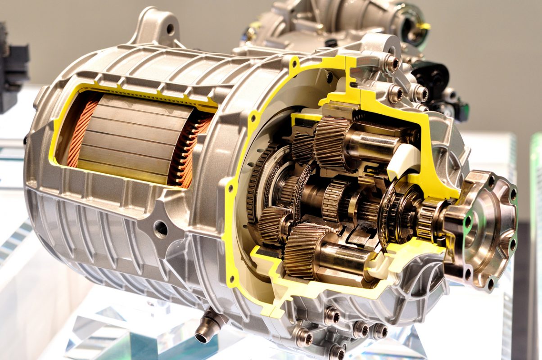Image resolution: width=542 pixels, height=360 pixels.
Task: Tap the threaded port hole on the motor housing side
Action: tap(160, 229)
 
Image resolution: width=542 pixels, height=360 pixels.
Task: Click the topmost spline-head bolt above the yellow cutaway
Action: tap(391, 63)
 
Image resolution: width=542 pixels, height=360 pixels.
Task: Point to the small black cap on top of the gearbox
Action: tap(331, 43)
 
